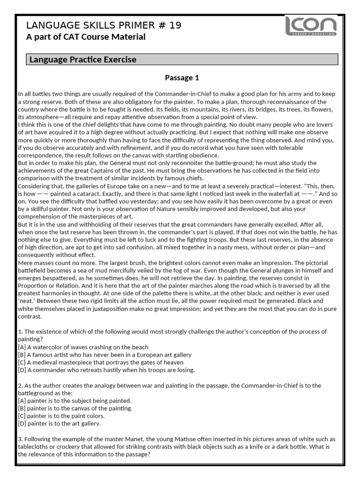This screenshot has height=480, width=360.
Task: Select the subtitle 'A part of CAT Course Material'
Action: click(x=85, y=37)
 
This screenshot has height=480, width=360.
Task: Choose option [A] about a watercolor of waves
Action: click(x=83, y=347)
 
